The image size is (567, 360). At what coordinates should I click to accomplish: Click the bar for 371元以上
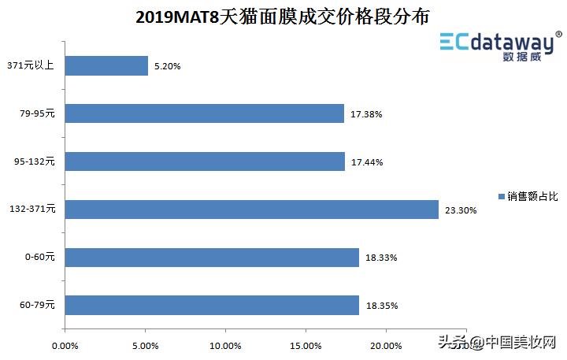point(106,66)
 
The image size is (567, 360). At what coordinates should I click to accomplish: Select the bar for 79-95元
point(204,113)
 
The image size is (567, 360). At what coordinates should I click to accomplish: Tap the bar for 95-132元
point(205,161)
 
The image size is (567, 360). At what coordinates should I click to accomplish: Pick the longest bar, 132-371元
point(251,209)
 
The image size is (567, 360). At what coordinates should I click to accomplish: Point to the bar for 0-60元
point(212,258)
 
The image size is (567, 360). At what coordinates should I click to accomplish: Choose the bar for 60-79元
point(212,305)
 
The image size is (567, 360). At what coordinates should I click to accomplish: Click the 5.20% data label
point(167,67)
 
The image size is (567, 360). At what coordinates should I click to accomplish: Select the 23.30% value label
point(461,210)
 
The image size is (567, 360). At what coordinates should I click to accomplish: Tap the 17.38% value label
point(366,114)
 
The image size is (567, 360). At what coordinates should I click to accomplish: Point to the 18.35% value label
point(381,306)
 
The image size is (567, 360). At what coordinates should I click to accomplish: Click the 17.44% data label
point(367,162)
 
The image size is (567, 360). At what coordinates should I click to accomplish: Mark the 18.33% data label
point(381,258)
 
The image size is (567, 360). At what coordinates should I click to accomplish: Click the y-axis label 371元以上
point(29,66)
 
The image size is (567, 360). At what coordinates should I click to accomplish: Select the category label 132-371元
point(32,209)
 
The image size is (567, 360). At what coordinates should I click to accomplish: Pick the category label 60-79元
point(37,305)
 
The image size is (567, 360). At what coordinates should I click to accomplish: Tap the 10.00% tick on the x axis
point(225,345)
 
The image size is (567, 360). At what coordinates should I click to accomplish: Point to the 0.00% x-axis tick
point(65,345)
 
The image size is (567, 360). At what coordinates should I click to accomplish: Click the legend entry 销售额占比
point(528,195)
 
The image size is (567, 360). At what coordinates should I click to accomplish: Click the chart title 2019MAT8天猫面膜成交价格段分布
point(287,15)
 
